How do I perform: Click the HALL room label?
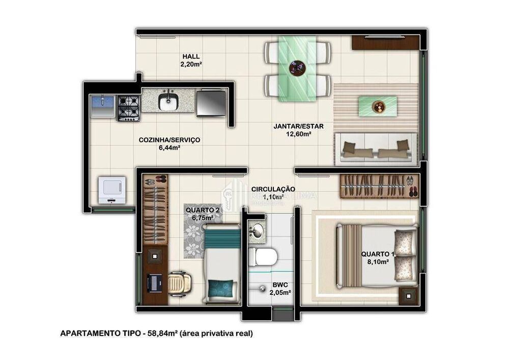click(x=191, y=57)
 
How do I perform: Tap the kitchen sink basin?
click(x=167, y=102)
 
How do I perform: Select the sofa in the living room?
click(x=376, y=148)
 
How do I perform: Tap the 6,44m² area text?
click(x=169, y=148)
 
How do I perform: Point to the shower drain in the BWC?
click(x=263, y=289)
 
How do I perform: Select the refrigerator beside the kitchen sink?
click(x=211, y=102)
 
